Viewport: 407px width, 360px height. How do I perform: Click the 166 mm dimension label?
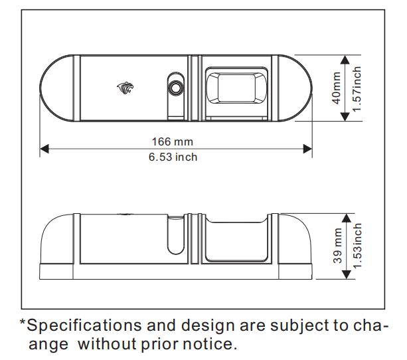tap(173, 142)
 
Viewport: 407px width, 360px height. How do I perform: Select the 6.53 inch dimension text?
tap(173, 157)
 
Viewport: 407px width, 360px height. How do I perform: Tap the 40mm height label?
tap(337, 88)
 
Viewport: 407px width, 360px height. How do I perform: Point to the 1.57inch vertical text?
tap(357, 88)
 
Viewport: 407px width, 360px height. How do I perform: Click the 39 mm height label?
tap(337, 246)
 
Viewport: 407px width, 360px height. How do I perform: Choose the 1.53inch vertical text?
tap(357, 246)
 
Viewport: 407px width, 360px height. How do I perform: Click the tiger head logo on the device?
tap(125, 88)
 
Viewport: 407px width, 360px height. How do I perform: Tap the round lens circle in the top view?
tap(176, 88)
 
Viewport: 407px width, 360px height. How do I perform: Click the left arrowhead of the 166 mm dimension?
tap(44, 149)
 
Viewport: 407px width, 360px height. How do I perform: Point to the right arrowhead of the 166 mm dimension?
tap(307, 149)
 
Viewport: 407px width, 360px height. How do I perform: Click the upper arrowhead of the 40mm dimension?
tap(345, 60)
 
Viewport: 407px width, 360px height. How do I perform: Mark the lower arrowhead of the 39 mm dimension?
tap(347, 275)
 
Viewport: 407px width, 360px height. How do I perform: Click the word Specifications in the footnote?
tap(84, 326)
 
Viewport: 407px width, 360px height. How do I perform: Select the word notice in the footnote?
tap(210, 345)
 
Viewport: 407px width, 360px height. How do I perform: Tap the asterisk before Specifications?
tap(23, 323)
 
